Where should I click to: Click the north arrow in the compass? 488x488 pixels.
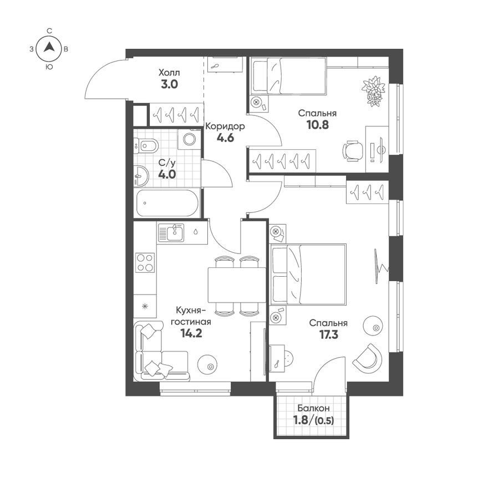click(49, 47)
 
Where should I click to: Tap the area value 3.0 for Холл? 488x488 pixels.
click(169, 84)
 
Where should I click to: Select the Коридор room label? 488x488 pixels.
click(225, 126)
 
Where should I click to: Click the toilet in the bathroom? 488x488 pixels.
click(146, 145)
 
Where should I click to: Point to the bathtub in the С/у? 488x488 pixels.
click(167, 203)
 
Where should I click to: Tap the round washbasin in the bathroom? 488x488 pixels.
click(141, 176)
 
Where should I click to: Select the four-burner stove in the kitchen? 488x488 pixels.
click(145, 263)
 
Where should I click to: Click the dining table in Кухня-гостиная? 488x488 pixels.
click(237, 285)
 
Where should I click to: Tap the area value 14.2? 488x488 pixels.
click(191, 334)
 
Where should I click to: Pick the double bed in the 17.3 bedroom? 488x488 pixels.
click(308, 274)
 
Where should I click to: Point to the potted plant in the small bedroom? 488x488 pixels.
click(373, 91)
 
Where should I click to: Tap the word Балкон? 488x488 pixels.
click(313, 408)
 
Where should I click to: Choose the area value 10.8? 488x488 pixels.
click(317, 125)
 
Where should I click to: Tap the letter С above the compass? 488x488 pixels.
click(49, 30)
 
